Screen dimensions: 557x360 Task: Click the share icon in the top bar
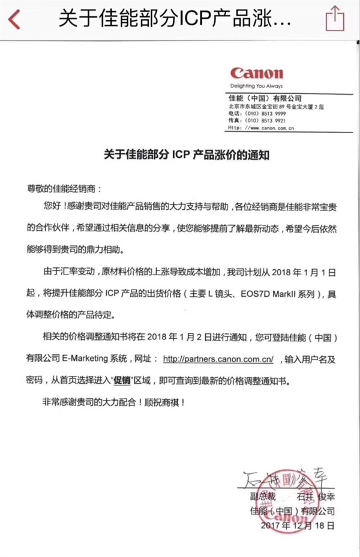[335, 18]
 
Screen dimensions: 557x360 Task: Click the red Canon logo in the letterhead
[256, 73]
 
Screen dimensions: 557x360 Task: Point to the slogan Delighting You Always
[253, 85]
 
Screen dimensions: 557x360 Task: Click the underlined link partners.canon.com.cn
[218, 359]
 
